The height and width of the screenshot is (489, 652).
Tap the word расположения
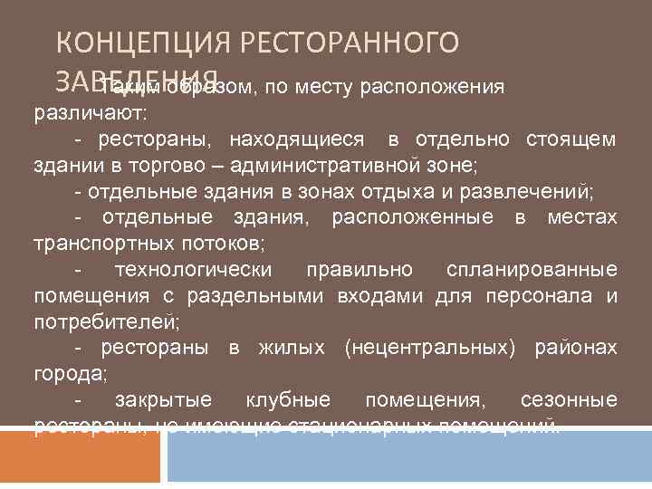pos(432,88)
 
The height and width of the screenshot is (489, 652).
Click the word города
pos(62,375)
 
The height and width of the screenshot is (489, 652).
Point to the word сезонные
pos(569,400)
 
